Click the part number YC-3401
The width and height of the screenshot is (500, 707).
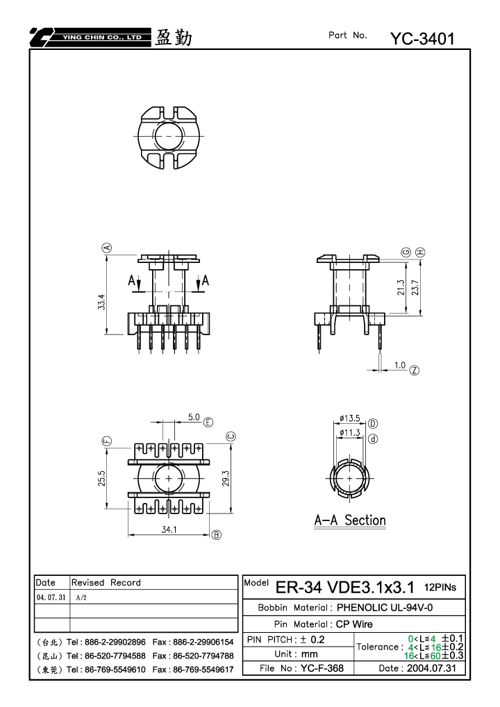422,39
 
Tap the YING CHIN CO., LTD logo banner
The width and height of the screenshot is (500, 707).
90,37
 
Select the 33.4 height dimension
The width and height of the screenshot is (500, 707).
101,302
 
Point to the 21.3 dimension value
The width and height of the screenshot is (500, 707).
401,288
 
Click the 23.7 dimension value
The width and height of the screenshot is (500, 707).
415,288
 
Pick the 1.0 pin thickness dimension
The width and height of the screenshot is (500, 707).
400,365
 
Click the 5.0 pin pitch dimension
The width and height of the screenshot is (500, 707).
194,417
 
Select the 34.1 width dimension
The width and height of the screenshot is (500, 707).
169,529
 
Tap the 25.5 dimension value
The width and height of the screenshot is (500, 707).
101,479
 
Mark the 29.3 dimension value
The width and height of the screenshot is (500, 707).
226,479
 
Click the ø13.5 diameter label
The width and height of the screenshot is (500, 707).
350,418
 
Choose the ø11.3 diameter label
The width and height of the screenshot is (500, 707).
350,433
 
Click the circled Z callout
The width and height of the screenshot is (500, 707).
415,370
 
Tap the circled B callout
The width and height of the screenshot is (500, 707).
217,535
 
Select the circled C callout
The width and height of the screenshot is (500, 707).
231,436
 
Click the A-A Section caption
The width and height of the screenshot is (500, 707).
350,520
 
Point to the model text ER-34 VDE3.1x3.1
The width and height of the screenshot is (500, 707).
344,587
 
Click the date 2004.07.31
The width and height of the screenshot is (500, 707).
432,668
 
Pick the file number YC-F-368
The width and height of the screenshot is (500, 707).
322,668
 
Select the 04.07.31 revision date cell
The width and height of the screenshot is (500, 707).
51,597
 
